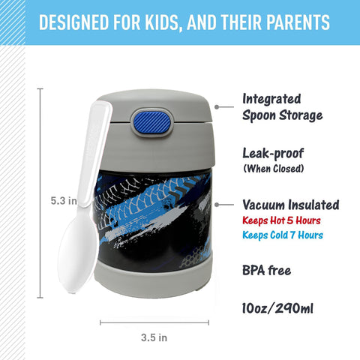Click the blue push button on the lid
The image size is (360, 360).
(152, 121)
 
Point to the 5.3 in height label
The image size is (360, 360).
(64, 201)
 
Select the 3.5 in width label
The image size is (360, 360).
(154, 337)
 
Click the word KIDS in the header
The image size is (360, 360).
(163, 22)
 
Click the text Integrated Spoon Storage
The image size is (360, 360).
(282, 107)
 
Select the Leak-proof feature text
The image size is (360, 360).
(273, 153)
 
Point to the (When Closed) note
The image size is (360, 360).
(274, 169)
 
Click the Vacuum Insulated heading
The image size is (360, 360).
(291, 205)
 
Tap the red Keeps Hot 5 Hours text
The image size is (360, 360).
(281, 220)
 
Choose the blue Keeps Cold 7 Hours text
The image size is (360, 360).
(283, 235)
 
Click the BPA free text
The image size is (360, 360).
(267, 270)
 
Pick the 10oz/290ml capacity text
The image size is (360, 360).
(277, 308)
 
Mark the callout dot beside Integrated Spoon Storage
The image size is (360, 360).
(217, 107)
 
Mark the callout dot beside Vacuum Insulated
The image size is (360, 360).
(217, 205)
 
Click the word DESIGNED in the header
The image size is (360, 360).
(74, 22)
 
